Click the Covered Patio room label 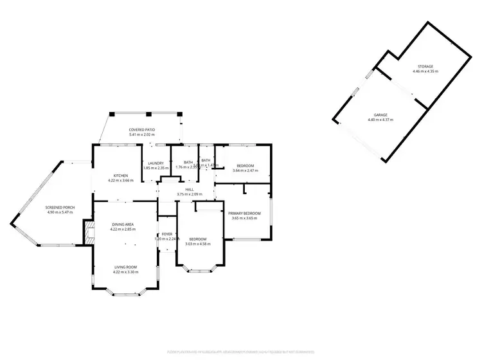tap(142, 130)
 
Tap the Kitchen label tap(121, 176)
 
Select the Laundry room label tap(156, 163)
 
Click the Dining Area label tap(121, 224)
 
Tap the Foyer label tap(167, 234)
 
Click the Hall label tap(190, 189)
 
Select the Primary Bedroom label tap(245, 213)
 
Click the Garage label tap(382, 115)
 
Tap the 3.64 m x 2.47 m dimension tap(245, 170)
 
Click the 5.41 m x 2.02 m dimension tap(142, 135)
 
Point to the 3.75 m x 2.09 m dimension tap(190, 194)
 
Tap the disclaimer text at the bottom tap(241, 351)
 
